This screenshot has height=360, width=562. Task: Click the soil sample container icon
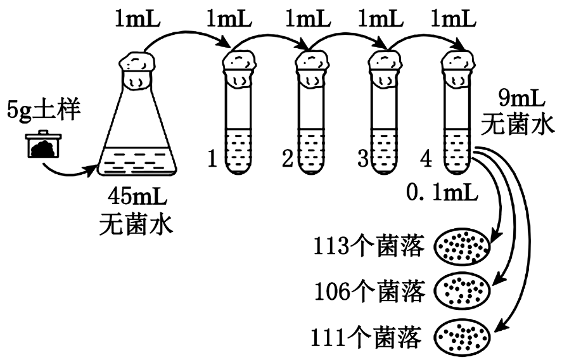click(42, 145)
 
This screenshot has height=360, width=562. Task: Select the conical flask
click(138, 127)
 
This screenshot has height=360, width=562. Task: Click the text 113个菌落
click(367, 246)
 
